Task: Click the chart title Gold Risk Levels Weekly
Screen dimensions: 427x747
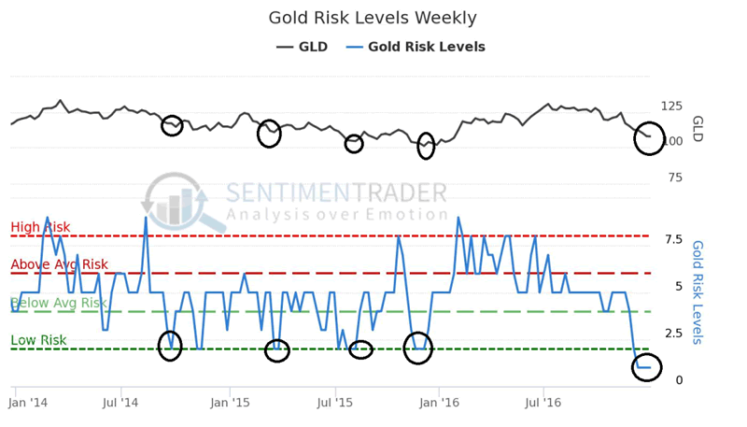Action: click(373, 18)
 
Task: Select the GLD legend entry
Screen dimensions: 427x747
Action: click(302, 47)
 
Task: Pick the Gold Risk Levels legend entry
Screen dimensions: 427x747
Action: click(416, 47)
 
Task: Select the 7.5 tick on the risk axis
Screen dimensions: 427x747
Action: click(672, 239)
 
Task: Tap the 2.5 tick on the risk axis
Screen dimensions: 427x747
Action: click(672, 333)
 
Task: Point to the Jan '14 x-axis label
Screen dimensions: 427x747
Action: click(28, 403)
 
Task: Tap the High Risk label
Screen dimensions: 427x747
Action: click(40, 227)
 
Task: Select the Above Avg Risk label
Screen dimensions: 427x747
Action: click(59, 264)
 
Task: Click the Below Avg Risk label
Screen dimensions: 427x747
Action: click(59, 303)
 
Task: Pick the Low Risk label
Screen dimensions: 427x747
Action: click(38, 340)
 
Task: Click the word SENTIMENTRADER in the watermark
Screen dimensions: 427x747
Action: click(336, 193)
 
